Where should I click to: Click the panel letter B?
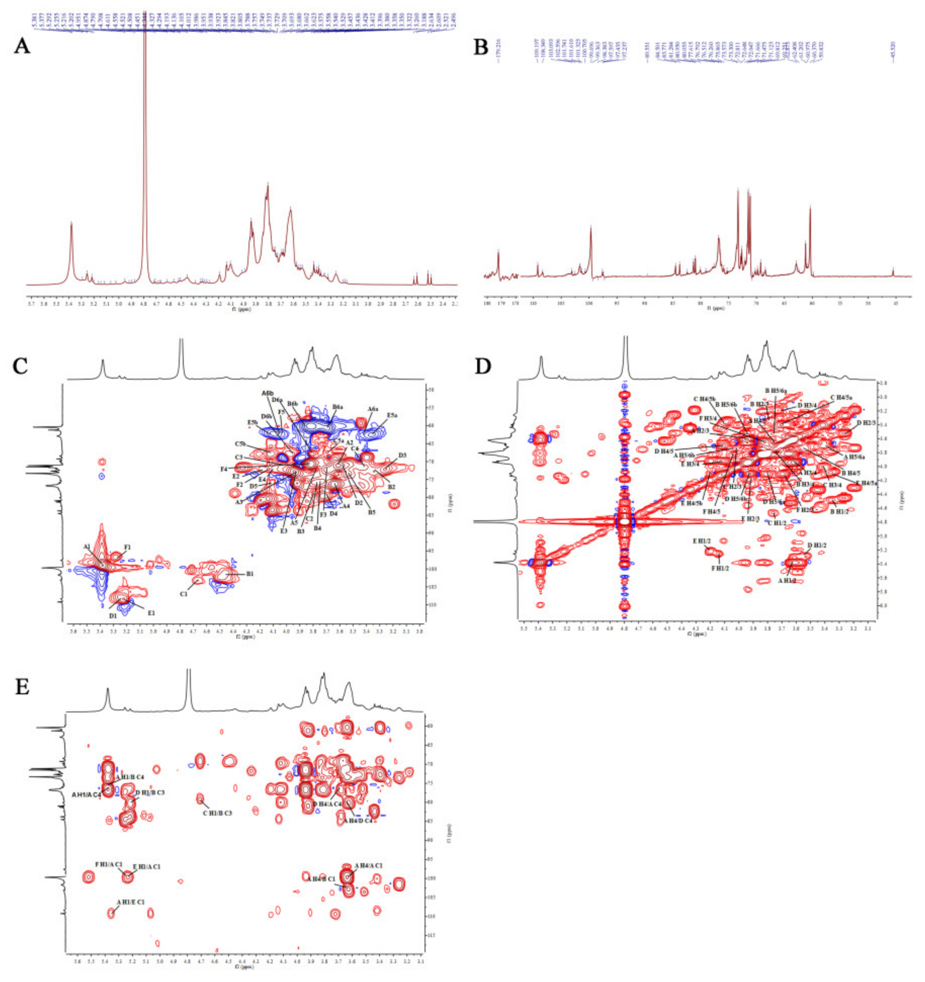point(481,48)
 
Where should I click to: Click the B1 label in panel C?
point(250,574)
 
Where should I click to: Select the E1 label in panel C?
point(151,613)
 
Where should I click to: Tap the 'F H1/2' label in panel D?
point(720,568)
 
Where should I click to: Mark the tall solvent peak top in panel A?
point(145,25)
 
